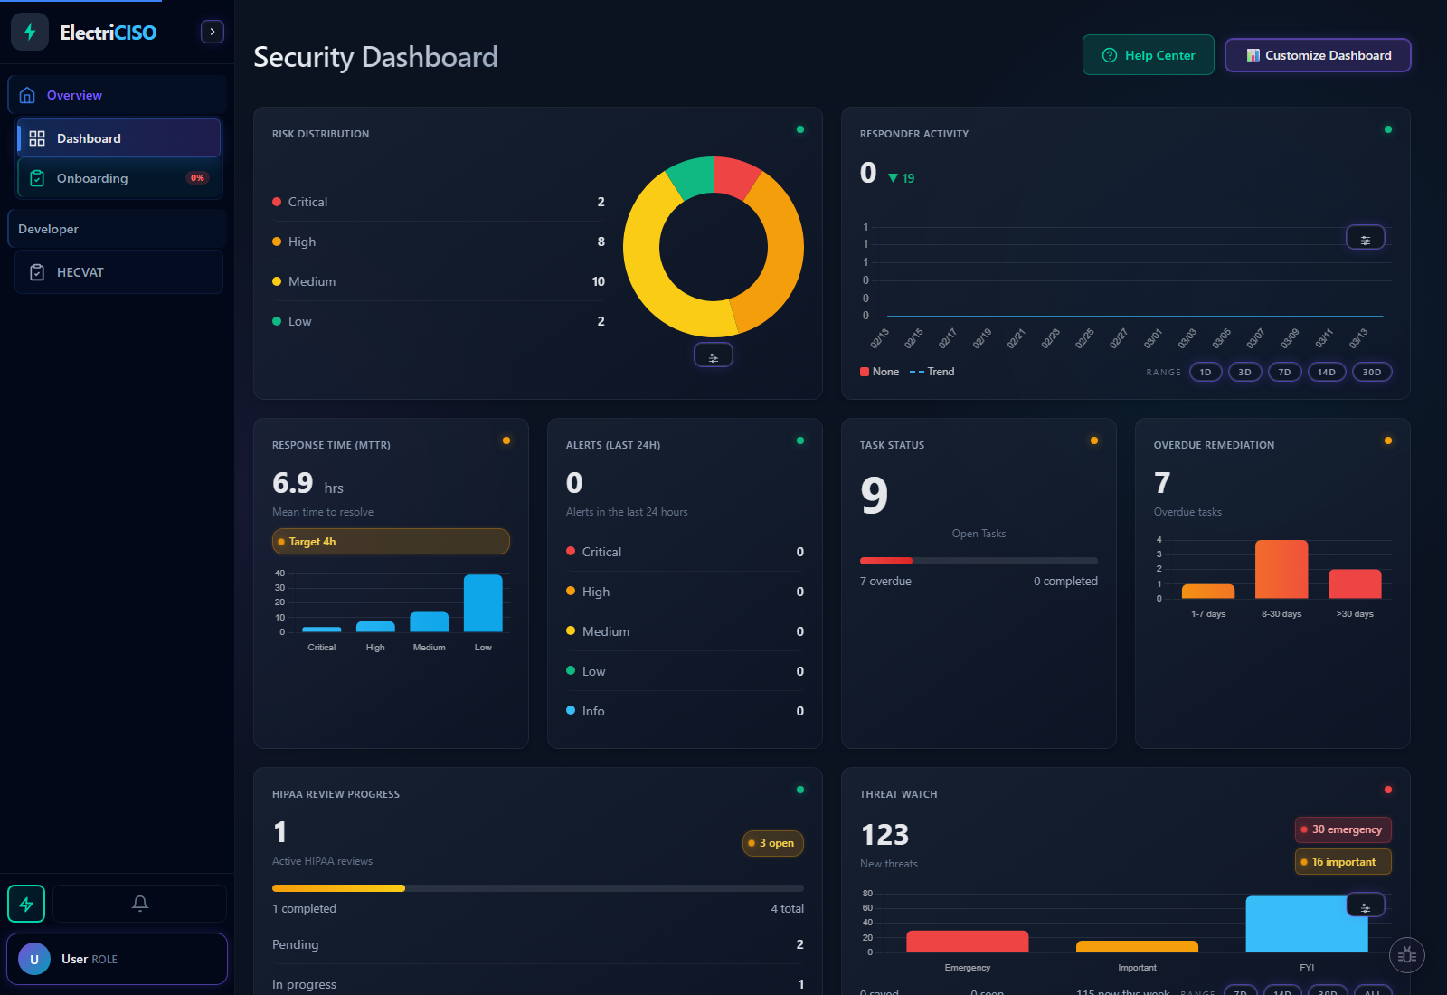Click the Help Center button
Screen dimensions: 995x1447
point(1148,55)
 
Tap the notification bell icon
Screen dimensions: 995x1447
point(139,903)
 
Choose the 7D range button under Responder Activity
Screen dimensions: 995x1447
point(1284,372)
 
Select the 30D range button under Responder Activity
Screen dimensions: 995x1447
point(1371,372)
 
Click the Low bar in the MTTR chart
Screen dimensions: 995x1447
point(483,603)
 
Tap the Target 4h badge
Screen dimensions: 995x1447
point(391,542)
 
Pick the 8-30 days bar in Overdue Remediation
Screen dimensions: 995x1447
point(1281,569)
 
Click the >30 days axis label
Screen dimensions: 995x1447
point(1354,614)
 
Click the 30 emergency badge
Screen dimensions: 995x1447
point(1343,829)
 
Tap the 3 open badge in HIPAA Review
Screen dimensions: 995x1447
point(773,843)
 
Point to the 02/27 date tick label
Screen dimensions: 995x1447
point(1119,338)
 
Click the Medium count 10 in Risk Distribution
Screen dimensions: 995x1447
point(598,281)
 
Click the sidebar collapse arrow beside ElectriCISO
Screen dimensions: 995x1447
point(212,32)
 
